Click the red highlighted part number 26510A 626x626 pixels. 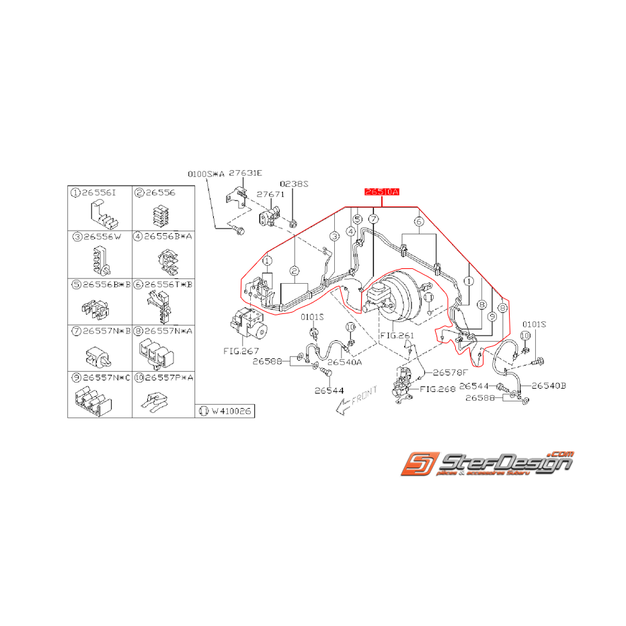tap(382, 192)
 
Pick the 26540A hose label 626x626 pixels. tap(344, 362)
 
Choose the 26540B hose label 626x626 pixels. tap(549, 385)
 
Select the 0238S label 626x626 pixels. tap(294, 183)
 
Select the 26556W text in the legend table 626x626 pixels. tap(99, 237)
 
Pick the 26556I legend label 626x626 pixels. tap(99, 193)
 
